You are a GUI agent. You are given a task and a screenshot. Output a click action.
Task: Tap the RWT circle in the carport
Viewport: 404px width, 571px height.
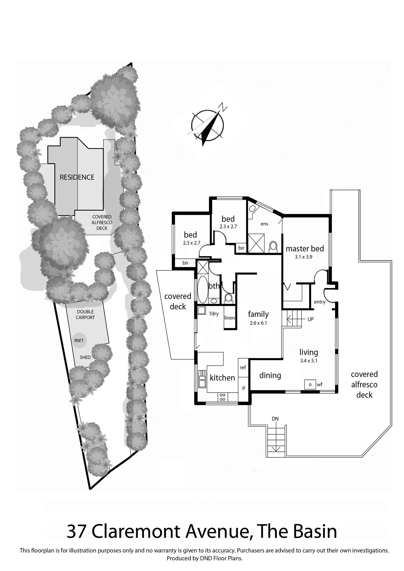pyautogui.click(x=79, y=341)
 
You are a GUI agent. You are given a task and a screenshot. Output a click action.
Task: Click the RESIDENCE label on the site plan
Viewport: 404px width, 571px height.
pyautogui.click(x=77, y=177)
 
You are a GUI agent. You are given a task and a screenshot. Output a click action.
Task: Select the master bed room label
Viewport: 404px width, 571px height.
pyautogui.click(x=305, y=249)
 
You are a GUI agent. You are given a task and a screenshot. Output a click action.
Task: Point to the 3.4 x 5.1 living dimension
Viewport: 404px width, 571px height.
pyautogui.click(x=308, y=361)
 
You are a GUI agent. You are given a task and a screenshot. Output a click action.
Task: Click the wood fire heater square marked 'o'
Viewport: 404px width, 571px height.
pyautogui.click(x=310, y=384)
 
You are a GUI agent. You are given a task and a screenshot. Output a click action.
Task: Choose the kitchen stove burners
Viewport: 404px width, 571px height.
pyautogui.click(x=222, y=397)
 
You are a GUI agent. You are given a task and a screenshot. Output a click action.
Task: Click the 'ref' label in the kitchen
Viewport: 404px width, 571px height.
pyautogui.click(x=243, y=367)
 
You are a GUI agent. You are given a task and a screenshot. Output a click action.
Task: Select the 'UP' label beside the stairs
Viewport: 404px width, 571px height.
pyautogui.click(x=310, y=319)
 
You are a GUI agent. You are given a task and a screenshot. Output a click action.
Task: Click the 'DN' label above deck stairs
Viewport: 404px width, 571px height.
pyautogui.click(x=275, y=419)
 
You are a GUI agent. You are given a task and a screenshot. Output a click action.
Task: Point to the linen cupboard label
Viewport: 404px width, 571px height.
pyautogui.click(x=229, y=318)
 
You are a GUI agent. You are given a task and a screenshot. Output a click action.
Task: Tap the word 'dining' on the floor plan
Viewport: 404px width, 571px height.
pyautogui.click(x=270, y=375)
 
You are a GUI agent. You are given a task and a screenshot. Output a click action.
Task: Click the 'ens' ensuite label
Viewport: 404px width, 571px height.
pyautogui.click(x=264, y=224)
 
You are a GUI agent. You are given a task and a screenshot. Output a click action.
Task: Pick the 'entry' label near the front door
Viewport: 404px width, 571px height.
pyautogui.click(x=319, y=302)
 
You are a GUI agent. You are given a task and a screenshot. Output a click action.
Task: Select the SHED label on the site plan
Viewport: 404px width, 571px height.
pyautogui.click(x=85, y=357)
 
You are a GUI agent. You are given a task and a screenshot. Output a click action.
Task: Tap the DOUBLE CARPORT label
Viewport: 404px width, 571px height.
pyautogui.click(x=85, y=314)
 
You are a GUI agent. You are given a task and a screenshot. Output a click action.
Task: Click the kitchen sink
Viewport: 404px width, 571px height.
pyautogui.click(x=202, y=378)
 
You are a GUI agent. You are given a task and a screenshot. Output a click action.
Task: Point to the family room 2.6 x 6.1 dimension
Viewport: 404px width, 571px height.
pyautogui.click(x=258, y=323)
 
